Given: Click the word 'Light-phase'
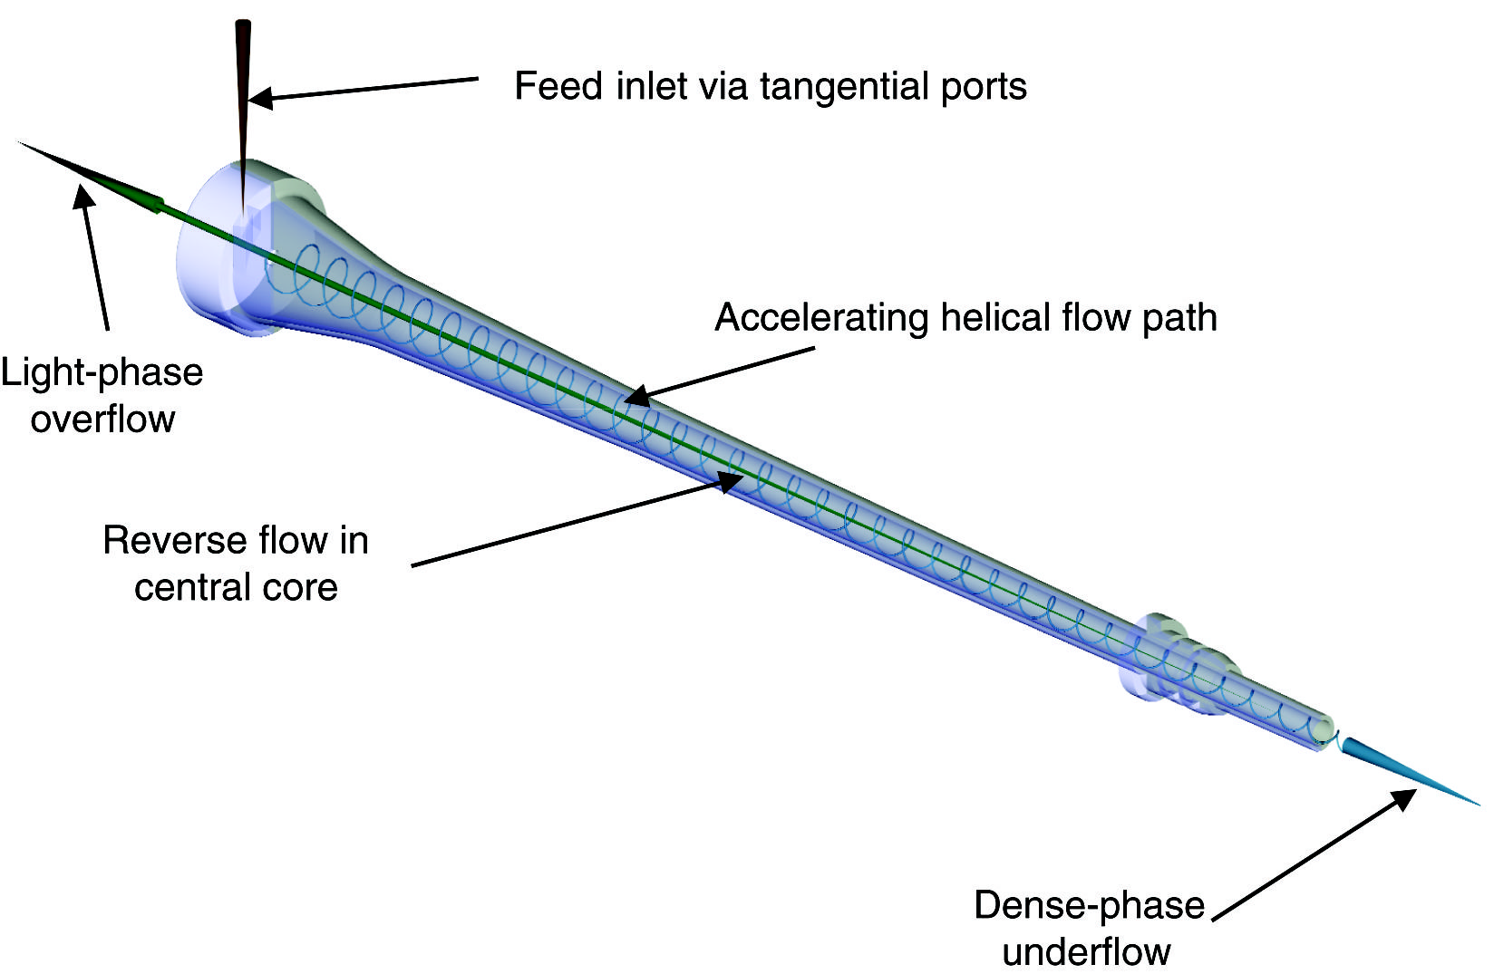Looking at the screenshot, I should [102, 373].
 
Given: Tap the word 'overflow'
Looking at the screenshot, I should [102, 419].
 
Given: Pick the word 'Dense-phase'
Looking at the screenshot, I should [1089, 906].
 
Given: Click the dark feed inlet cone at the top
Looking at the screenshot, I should [243, 91].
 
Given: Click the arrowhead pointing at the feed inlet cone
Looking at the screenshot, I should [259, 97].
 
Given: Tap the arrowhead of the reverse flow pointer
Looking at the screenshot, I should [730, 480].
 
